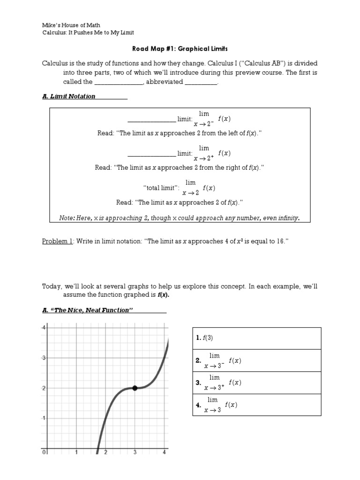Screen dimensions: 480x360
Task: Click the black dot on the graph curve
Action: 135,388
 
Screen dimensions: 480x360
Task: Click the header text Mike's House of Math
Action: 71,24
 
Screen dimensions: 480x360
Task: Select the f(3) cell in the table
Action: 256,338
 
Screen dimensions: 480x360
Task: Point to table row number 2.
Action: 256,360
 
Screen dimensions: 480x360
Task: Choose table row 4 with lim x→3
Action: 256,405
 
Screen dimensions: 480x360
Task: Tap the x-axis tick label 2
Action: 106,452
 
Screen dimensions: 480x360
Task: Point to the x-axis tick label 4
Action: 164,452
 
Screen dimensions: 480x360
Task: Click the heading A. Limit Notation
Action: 69,96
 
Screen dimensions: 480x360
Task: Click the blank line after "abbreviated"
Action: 201,82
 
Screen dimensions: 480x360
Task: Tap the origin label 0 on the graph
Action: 44,452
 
